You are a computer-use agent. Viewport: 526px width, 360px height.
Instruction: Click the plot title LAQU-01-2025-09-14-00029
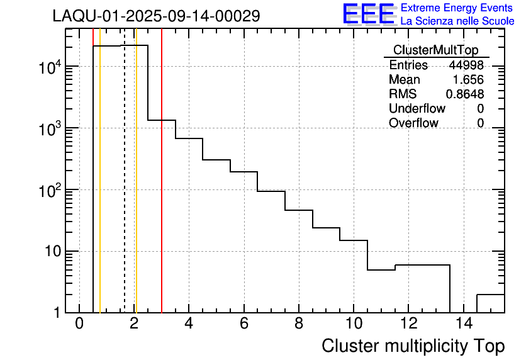click(156, 16)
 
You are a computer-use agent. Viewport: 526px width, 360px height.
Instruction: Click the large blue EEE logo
click(369, 14)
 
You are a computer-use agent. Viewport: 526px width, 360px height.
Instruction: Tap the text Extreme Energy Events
click(457, 8)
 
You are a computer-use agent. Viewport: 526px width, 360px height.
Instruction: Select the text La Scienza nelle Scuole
click(457, 21)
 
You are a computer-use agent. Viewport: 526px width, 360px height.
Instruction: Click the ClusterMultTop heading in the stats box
click(435, 50)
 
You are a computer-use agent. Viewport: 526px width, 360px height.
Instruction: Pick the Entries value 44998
click(466, 65)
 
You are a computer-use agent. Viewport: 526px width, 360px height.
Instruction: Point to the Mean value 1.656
click(468, 80)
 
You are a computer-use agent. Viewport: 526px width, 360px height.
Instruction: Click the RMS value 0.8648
click(464, 94)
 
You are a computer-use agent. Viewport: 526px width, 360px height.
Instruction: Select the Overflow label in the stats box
click(413, 123)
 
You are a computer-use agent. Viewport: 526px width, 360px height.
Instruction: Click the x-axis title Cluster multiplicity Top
click(413, 346)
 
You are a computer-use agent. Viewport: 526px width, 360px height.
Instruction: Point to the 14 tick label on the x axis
click(462, 324)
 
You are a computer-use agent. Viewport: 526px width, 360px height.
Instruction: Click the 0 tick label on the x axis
click(79, 324)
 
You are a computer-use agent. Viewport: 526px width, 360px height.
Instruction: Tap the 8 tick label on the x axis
click(298, 324)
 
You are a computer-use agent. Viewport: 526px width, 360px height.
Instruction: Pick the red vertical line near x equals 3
click(162, 189)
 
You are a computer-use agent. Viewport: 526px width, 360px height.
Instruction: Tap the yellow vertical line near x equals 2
click(136, 189)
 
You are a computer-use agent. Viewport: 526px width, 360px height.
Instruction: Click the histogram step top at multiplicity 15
click(491, 295)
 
